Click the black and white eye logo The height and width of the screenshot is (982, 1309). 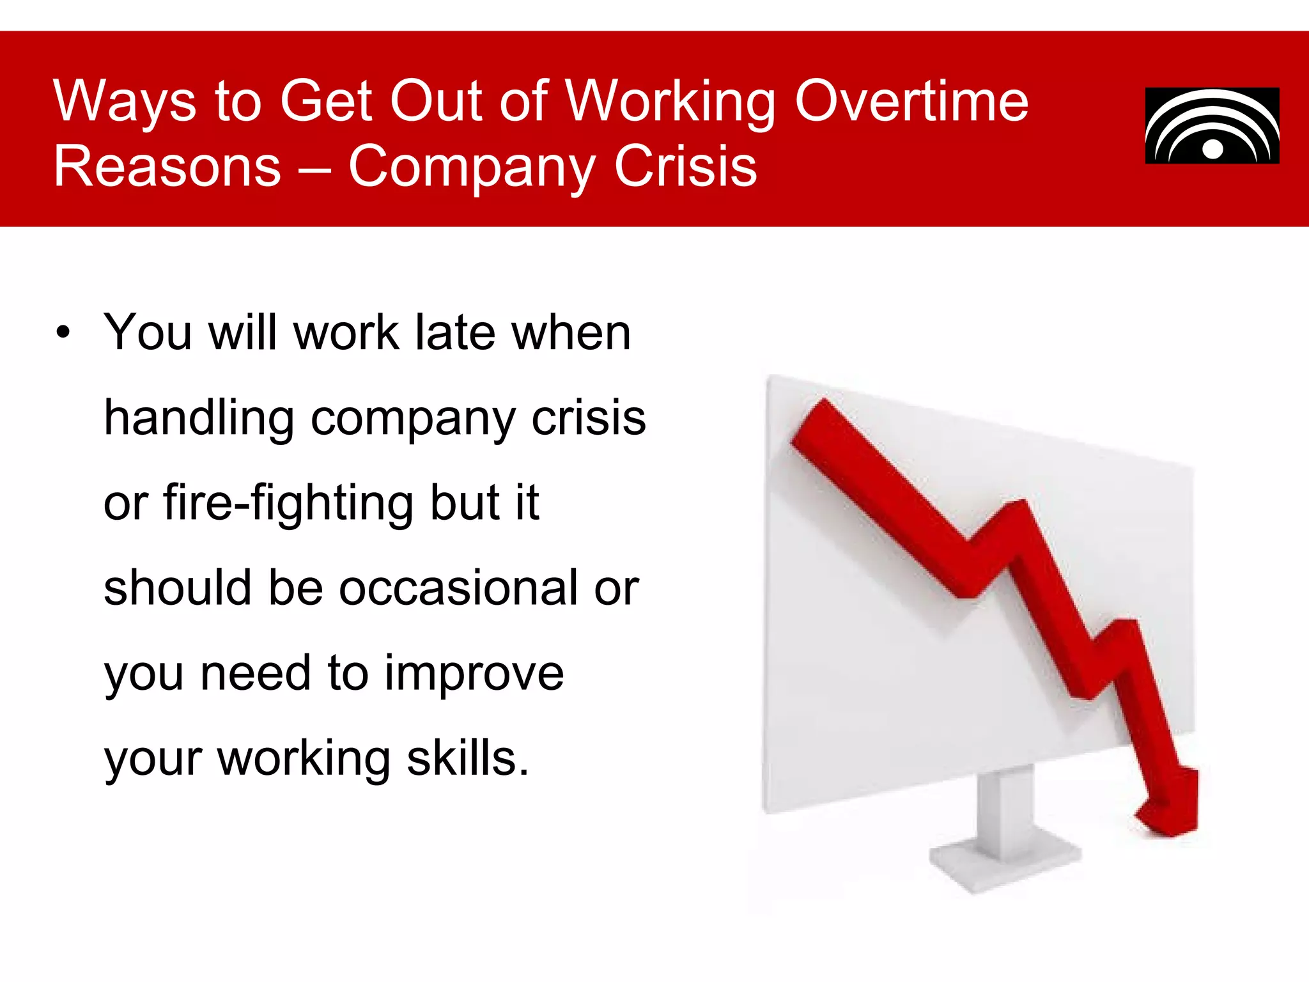pos(1212,126)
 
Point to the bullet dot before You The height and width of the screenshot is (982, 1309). pos(62,333)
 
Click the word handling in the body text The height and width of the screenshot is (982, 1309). pos(198,419)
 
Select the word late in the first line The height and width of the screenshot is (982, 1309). pos(455,333)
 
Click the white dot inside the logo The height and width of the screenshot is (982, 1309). pos(1212,149)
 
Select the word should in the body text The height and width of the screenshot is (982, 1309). pos(177,588)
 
